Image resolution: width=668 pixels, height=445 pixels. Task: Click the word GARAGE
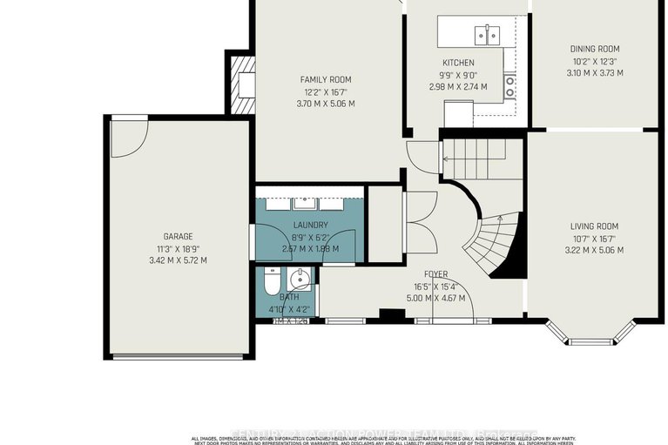[x=178, y=236]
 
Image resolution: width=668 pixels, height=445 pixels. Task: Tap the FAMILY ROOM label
[x=326, y=79]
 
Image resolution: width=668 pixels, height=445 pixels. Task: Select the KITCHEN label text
[x=458, y=63]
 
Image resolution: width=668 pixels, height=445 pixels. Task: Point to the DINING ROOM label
[x=595, y=49]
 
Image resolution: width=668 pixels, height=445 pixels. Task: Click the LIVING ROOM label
[x=595, y=226]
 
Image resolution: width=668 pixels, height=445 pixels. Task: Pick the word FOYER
[x=435, y=274]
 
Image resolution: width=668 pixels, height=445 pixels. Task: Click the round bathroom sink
[x=300, y=280]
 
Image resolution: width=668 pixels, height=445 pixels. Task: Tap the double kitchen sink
[x=487, y=34]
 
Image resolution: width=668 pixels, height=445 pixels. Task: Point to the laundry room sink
[x=305, y=204]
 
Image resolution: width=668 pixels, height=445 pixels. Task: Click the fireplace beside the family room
[x=241, y=84]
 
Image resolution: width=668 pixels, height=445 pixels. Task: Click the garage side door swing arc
[x=129, y=139]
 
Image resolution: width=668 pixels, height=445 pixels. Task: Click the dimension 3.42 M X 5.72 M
[x=178, y=260]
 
